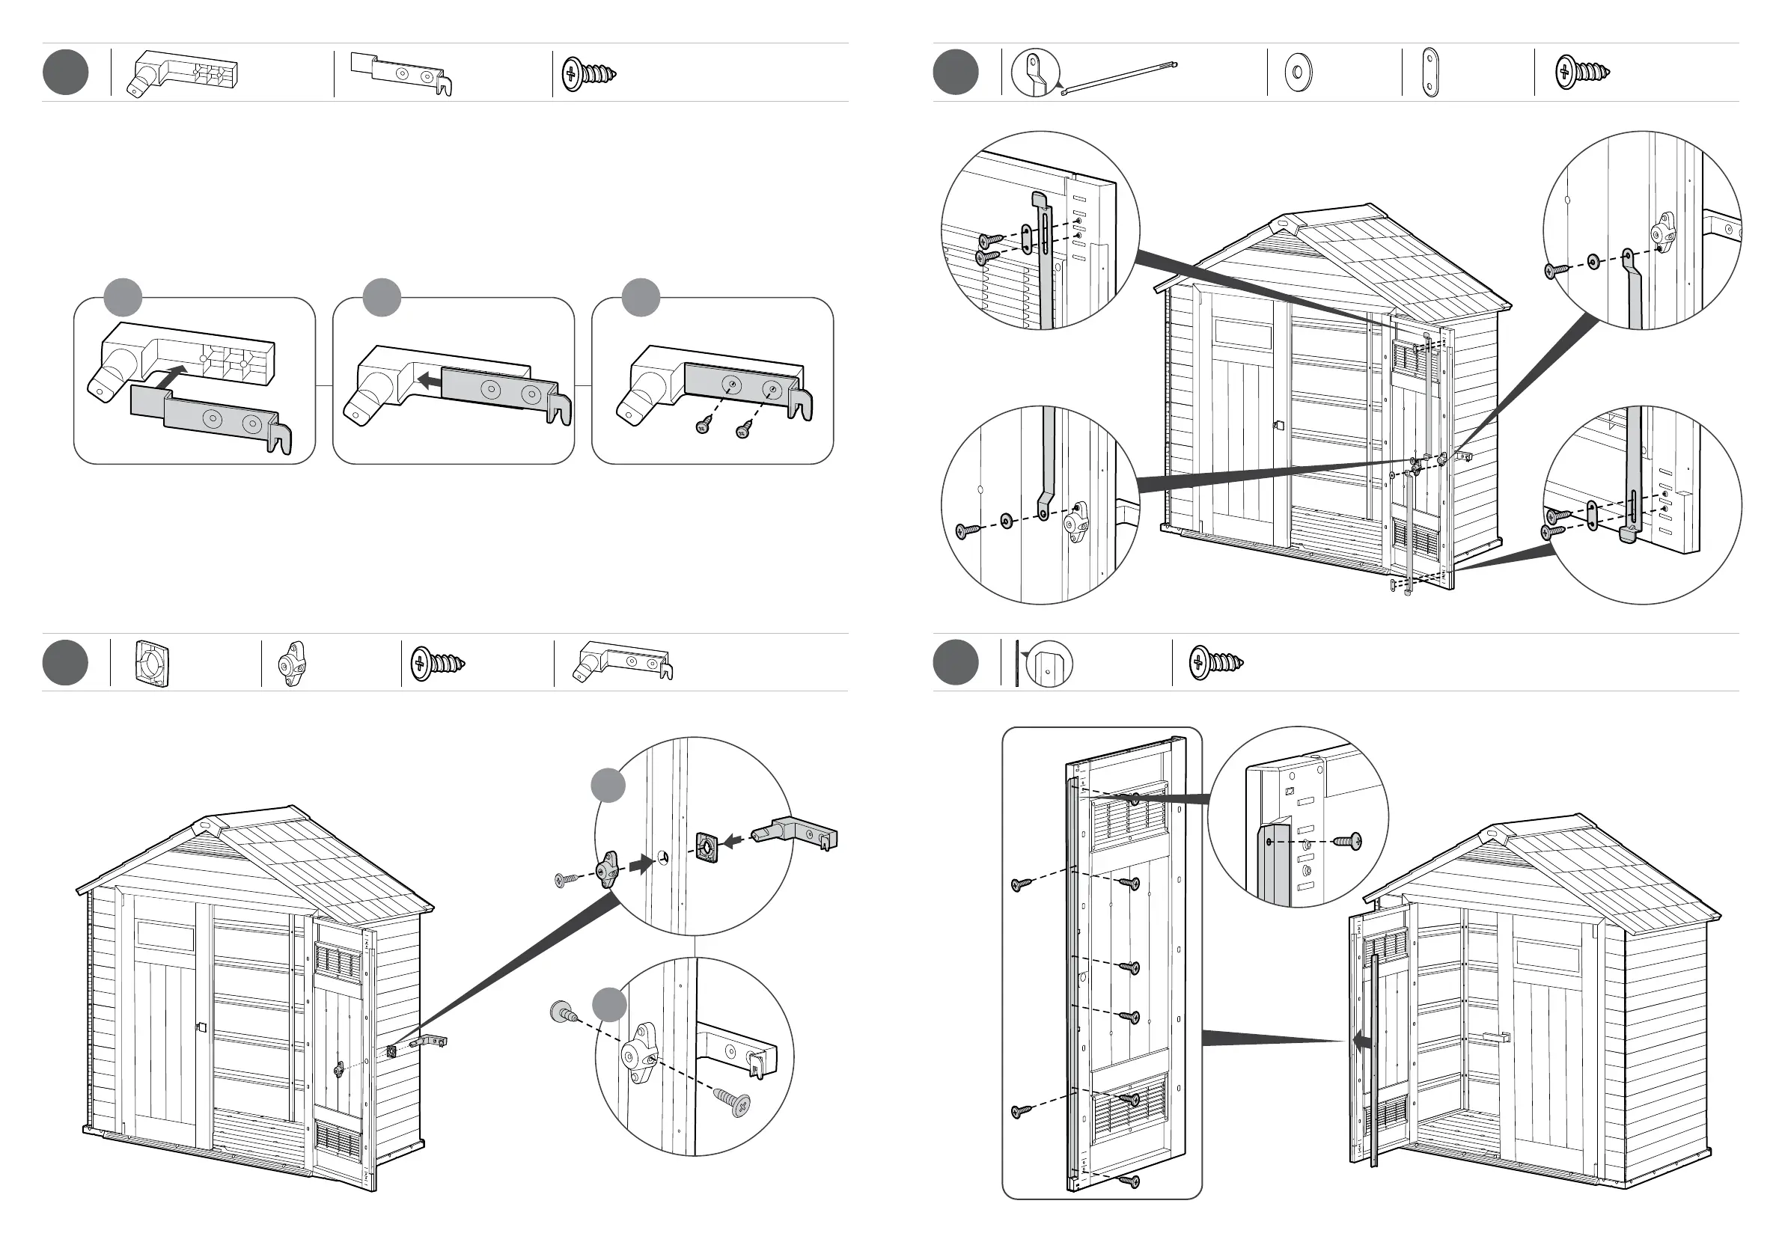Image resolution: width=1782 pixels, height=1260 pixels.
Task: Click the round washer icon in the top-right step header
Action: [x=1298, y=72]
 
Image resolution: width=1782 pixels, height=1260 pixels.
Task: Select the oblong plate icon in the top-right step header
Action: [x=1430, y=73]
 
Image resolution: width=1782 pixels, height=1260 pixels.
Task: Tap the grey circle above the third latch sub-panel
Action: [x=641, y=297]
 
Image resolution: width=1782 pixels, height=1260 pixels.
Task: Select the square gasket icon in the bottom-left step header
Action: [x=151, y=664]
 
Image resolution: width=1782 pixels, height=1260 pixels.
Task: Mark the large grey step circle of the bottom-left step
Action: [x=65, y=663]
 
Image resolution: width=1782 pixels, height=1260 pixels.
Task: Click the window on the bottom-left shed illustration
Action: [x=165, y=936]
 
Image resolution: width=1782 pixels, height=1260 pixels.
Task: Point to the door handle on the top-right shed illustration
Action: [x=1279, y=425]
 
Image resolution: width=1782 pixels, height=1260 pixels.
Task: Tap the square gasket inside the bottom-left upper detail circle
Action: [x=707, y=846]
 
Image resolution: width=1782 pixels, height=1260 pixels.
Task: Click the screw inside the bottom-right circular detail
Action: [x=1346, y=840]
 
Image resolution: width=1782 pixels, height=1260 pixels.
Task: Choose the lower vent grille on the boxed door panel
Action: [x=1129, y=1108]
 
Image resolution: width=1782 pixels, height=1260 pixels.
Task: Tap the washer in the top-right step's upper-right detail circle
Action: [x=1593, y=261]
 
